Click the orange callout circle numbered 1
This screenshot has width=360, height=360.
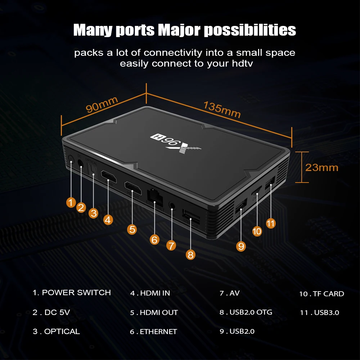(x=71, y=202)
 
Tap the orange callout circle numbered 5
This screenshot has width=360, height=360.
(x=132, y=229)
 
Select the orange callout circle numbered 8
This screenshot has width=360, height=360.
(x=191, y=255)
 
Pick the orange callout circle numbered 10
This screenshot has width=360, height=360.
(x=257, y=231)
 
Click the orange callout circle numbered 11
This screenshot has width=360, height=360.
(x=271, y=223)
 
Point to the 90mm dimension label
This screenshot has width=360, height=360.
(x=102, y=104)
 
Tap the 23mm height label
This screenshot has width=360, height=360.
(x=322, y=167)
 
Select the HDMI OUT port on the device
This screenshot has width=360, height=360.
(x=132, y=187)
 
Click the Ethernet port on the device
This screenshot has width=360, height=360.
(x=154, y=197)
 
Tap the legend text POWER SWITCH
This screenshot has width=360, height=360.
(x=76, y=293)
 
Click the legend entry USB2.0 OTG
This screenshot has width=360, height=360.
(x=251, y=312)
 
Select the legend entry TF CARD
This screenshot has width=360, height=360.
(x=328, y=294)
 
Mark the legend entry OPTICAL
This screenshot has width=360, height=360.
(x=62, y=332)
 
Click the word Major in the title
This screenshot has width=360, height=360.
(x=179, y=30)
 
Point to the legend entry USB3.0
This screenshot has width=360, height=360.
(x=326, y=312)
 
